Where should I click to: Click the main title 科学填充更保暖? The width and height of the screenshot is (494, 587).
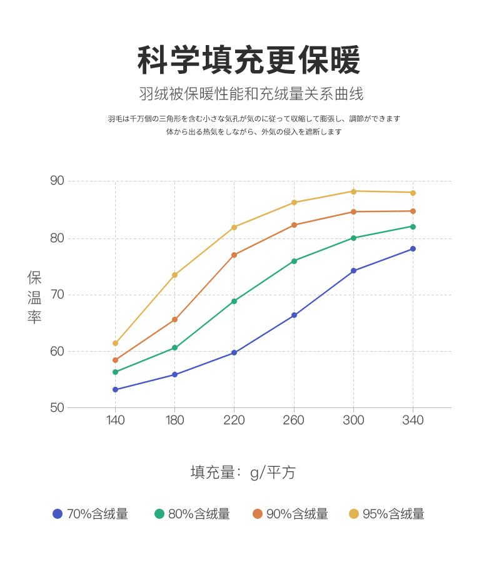(248, 61)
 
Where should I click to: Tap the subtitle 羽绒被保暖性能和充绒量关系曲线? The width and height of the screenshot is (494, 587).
(251, 94)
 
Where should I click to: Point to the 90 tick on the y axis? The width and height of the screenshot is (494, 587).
(58, 181)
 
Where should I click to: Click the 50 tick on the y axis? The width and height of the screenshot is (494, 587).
(58, 407)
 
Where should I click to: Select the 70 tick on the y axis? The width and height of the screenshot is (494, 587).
(58, 294)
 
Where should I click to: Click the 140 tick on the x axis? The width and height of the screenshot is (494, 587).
(115, 420)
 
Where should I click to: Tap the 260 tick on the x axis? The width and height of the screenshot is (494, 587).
(293, 420)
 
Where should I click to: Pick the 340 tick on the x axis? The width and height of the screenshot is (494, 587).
(413, 420)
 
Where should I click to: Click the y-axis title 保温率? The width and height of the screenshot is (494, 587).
(34, 297)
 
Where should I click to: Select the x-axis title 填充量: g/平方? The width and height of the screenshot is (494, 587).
(243, 472)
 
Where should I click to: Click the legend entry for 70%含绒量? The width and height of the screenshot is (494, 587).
(91, 514)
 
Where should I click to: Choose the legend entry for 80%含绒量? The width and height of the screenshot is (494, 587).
(192, 514)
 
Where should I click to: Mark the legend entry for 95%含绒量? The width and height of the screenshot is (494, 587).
(386, 514)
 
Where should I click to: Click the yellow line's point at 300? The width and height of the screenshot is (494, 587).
(353, 191)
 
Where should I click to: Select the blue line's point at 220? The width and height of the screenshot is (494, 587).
(234, 352)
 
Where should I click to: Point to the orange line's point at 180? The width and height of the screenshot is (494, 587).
(174, 319)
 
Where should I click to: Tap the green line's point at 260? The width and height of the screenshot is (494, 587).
(294, 260)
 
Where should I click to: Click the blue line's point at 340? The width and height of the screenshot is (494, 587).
(413, 248)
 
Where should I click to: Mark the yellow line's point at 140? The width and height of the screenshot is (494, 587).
(115, 343)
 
